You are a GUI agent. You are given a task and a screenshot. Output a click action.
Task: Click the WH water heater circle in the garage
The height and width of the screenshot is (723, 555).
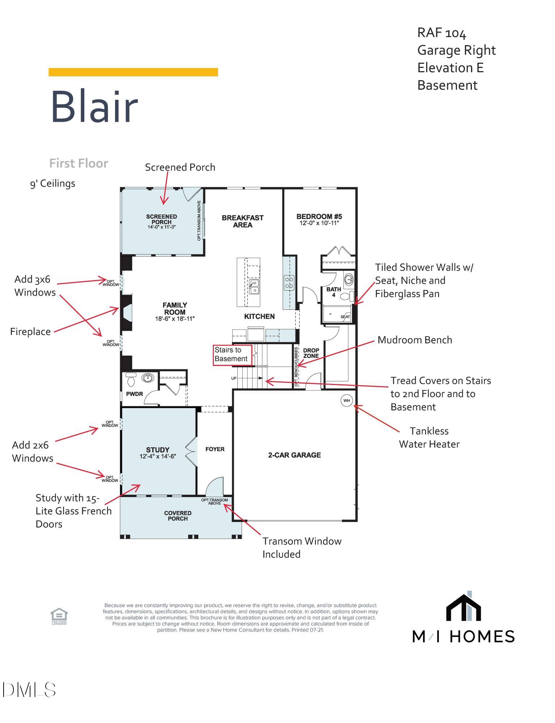click(x=347, y=400)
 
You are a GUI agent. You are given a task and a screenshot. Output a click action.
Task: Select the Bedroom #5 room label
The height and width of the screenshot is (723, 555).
click(x=319, y=217)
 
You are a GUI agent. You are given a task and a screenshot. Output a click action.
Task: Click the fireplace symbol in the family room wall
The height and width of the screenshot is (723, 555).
click(x=127, y=312)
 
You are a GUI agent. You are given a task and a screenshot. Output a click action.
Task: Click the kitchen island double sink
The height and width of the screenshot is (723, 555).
click(x=254, y=287)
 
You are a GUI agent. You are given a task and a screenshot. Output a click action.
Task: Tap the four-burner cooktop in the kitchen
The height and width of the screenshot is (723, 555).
click(x=289, y=282)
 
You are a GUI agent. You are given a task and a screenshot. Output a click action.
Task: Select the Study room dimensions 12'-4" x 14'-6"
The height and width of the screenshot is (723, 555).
click(x=158, y=457)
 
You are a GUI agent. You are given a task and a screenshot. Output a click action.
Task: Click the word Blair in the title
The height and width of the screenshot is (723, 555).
click(x=94, y=107)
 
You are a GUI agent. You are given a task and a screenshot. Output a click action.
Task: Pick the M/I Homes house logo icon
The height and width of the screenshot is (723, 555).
click(x=463, y=607)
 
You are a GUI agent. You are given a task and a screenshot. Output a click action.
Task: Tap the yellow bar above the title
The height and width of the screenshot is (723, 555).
click(x=133, y=72)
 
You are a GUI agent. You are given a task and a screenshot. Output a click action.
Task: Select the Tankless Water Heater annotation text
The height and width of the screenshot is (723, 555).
click(x=429, y=437)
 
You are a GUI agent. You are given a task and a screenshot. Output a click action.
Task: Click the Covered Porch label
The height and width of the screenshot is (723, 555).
click(x=178, y=516)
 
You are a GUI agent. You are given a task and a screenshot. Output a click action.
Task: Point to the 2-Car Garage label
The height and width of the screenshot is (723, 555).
click(x=295, y=455)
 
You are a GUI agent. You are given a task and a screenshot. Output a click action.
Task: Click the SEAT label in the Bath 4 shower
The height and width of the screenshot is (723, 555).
click(x=345, y=317)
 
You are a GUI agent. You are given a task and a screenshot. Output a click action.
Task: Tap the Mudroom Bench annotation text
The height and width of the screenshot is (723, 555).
click(x=415, y=340)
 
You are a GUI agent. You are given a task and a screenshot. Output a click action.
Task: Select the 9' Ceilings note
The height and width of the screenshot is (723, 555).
click(x=53, y=183)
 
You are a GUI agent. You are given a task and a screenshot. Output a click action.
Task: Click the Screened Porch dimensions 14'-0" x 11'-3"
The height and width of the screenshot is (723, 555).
click(x=162, y=227)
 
